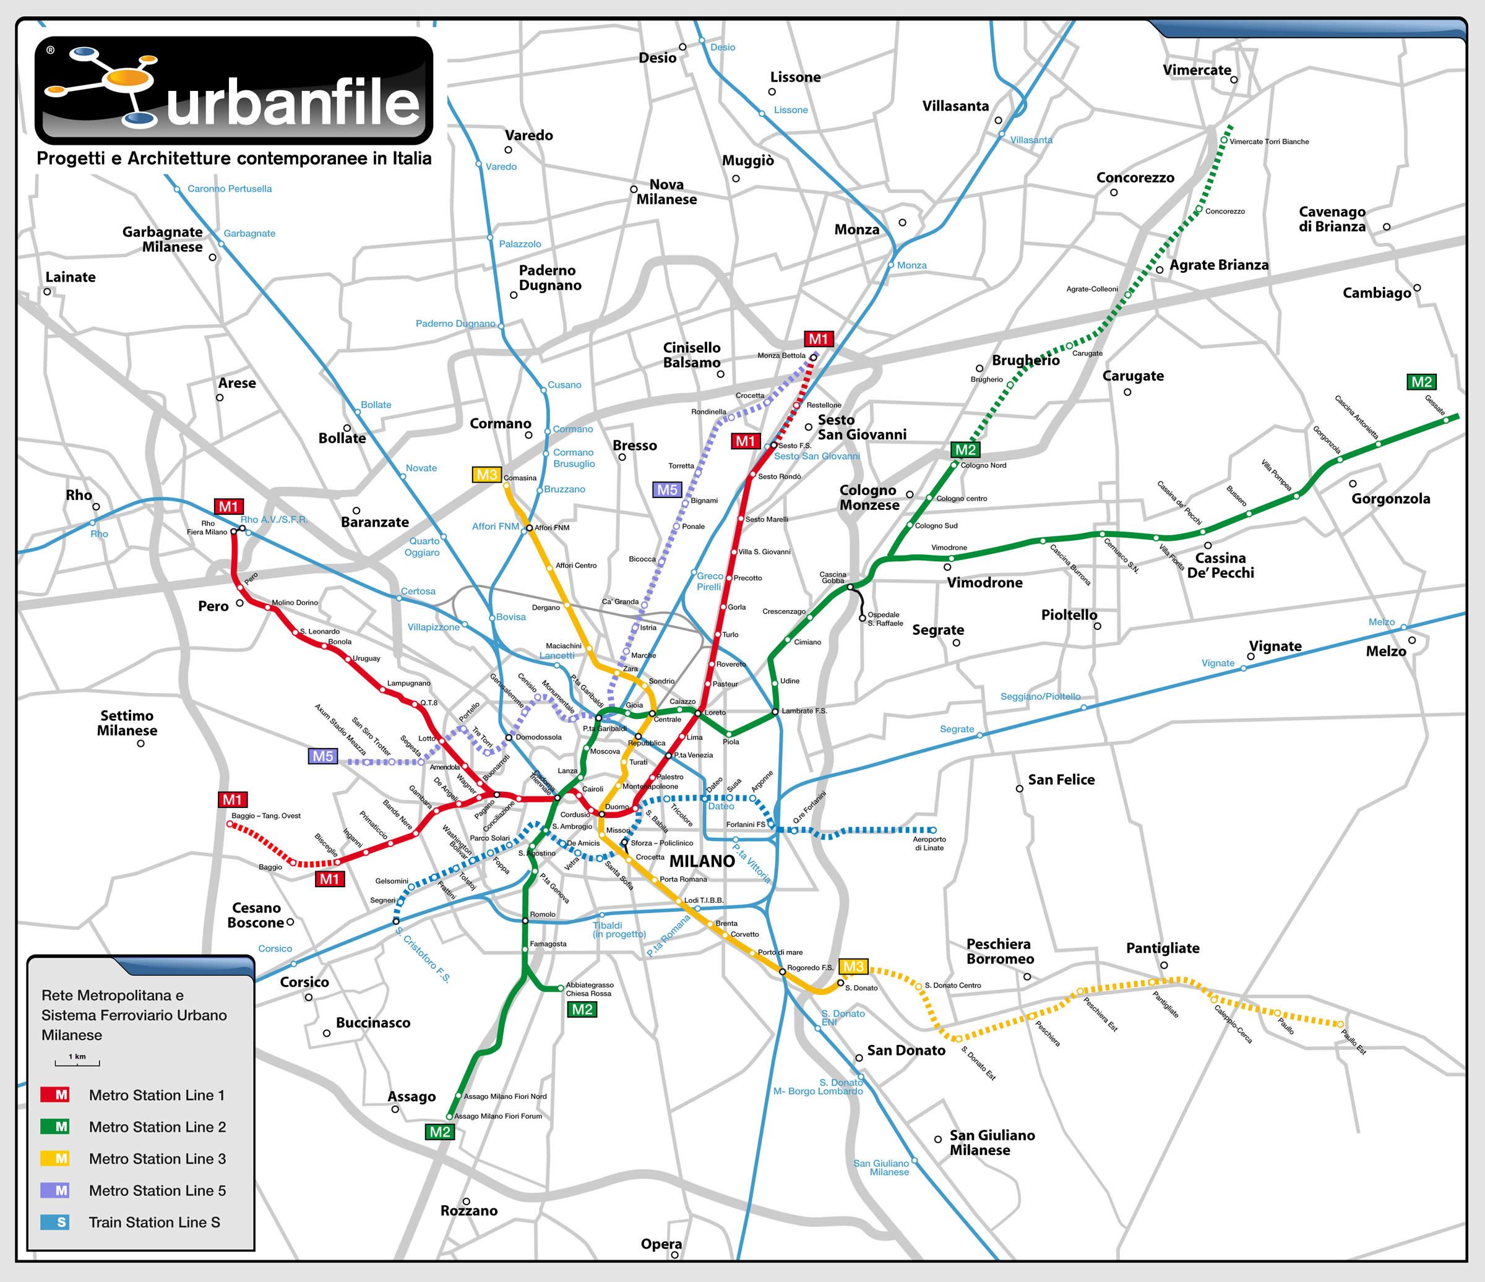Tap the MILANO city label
[x=702, y=861]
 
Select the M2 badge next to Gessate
[x=1421, y=382]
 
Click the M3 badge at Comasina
[x=486, y=475]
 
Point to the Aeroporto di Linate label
[x=929, y=843]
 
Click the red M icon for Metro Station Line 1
[x=62, y=1095]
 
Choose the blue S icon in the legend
[x=62, y=1222]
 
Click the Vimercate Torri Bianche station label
[x=1268, y=142]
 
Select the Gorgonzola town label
[x=1390, y=499]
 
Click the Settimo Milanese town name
[x=127, y=723]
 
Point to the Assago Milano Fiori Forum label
[x=497, y=1116]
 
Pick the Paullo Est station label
[x=1353, y=1041]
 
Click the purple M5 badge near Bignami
[x=666, y=490]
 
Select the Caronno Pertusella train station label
[x=230, y=189]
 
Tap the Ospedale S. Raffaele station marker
[x=862, y=617]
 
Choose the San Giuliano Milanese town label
[x=992, y=1142]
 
